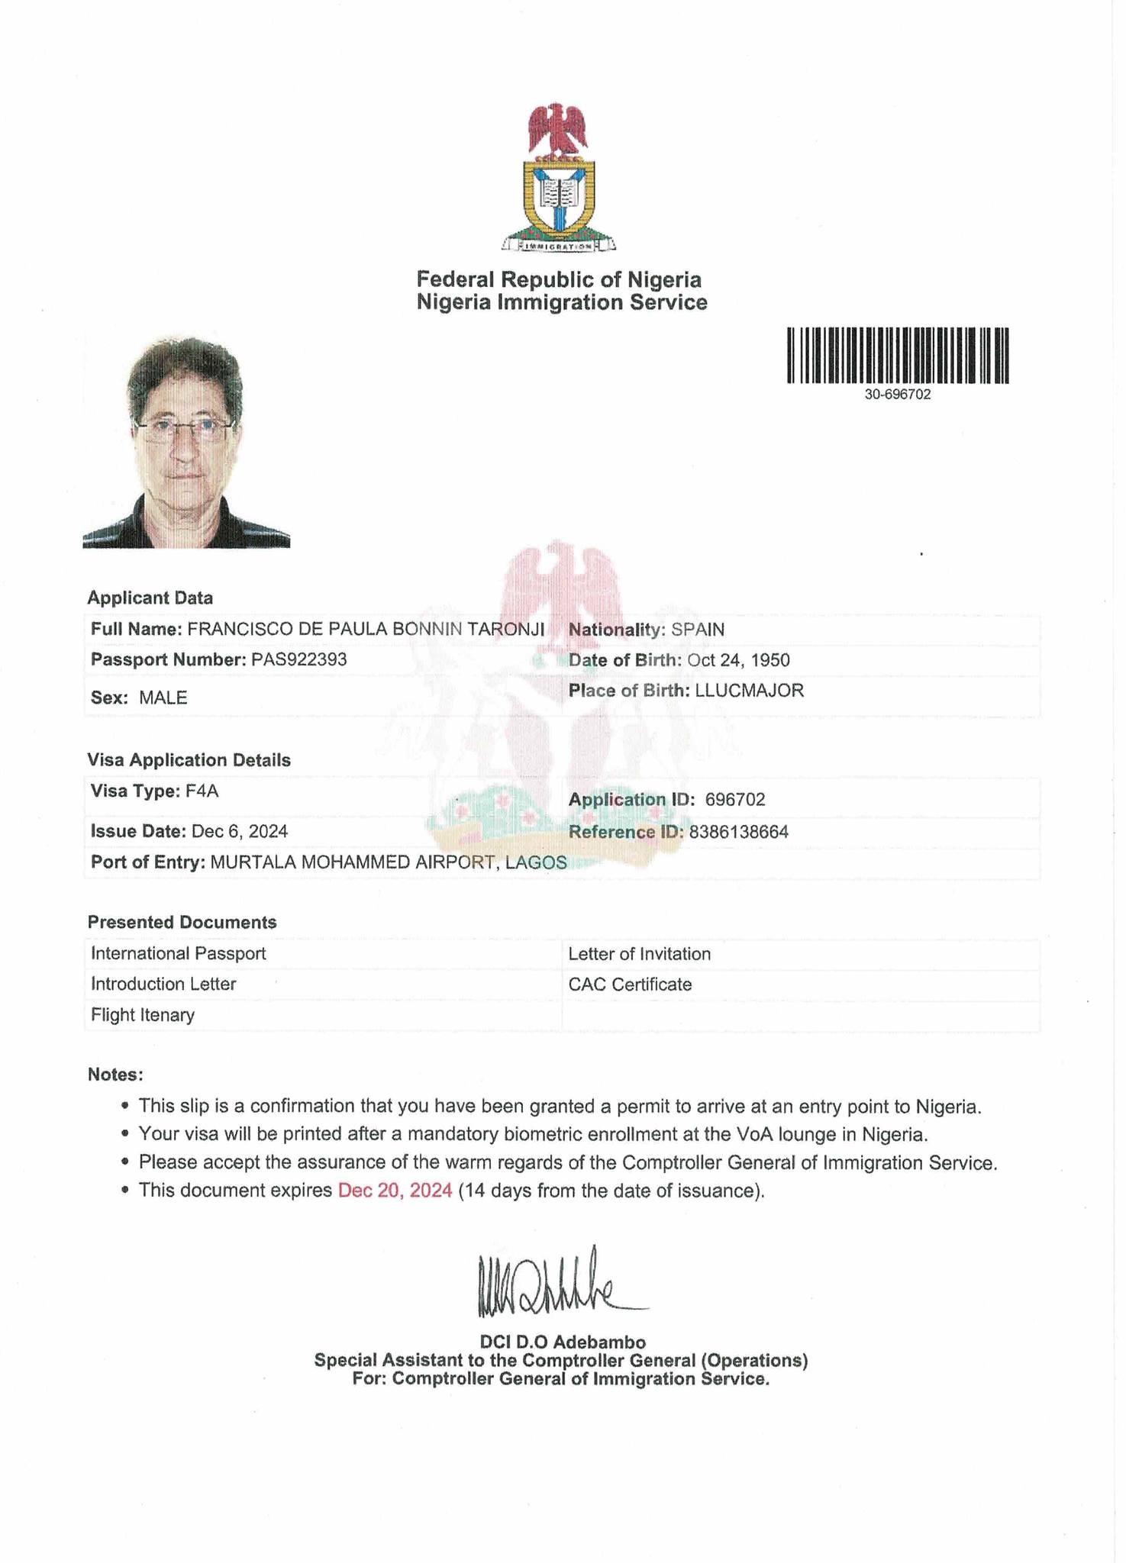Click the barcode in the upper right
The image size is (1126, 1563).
pyautogui.click(x=898, y=355)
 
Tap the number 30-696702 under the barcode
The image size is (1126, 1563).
pyautogui.click(x=898, y=395)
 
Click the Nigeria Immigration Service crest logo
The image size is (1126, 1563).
pyautogui.click(x=559, y=178)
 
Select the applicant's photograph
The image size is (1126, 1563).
pyautogui.click(x=186, y=443)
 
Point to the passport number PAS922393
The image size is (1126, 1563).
pyautogui.click(x=298, y=659)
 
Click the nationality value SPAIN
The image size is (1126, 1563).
pyautogui.click(x=698, y=630)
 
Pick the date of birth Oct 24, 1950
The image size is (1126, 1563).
pyautogui.click(x=738, y=660)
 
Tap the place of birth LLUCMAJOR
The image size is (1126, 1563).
pyautogui.click(x=749, y=691)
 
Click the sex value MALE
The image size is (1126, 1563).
pyautogui.click(x=163, y=698)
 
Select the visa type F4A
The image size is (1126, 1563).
pyautogui.click(x=202, y=791)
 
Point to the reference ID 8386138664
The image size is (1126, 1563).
pyautogui.click(x=738, y=832)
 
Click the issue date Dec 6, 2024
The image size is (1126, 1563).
pyautogui.click(x=240, y=831)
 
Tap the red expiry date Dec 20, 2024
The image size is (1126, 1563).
pyautogui.click(x=395, y=1191)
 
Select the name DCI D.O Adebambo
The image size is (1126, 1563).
pyautogui.click(x=563, y=1342)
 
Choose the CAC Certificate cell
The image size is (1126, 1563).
pyautogui.click(x=630, y=985)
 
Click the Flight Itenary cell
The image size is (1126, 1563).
pyautogui.click(x=143, y=1015)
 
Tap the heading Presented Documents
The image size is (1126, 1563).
pyautogui.click(x=182, y=922)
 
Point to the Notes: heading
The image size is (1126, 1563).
pyautogui.click(x=115, y=1075)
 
